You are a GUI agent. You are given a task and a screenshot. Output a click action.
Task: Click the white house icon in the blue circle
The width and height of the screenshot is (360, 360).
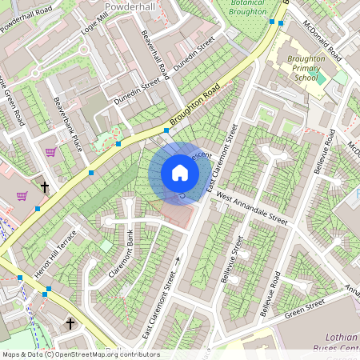[x=180, y=173]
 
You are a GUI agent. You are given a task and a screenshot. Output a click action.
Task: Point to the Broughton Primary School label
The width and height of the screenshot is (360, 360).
[x=306, y=68]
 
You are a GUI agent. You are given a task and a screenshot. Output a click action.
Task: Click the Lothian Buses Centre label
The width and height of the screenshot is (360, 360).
[x=332, y=344]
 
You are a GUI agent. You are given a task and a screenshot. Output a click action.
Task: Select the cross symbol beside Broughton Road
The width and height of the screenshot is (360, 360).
[x=45, y=187]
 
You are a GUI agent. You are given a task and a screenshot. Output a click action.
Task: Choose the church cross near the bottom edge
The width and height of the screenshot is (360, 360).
[x=71, y=323]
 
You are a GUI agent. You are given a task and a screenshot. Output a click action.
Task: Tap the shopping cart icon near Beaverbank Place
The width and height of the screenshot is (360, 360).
[x=51, y=152]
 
